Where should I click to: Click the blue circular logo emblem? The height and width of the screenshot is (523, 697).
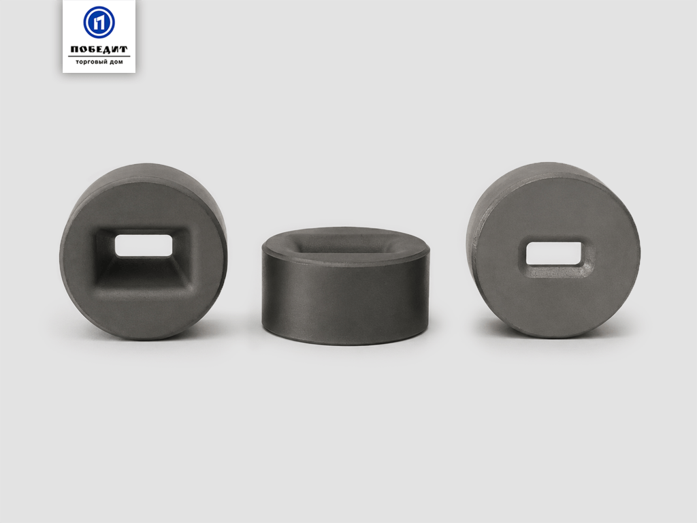(99, 22)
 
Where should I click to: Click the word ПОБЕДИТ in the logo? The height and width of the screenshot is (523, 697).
(99, 49)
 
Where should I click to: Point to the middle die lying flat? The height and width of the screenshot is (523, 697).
(346, 286)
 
